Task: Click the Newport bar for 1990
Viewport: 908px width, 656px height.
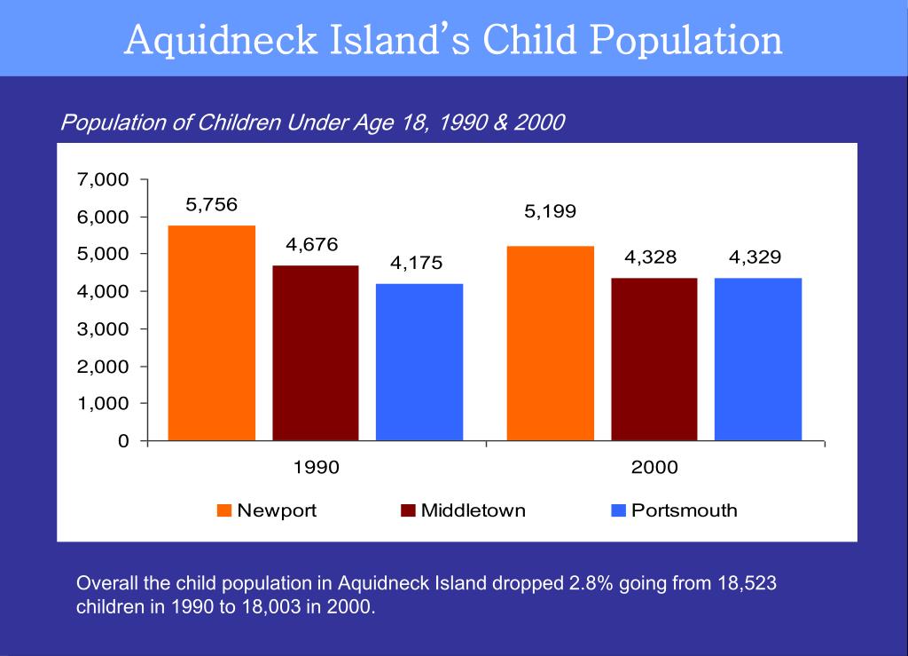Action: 211,333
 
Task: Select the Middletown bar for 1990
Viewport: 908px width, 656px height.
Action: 316,352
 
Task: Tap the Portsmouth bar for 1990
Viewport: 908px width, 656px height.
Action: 419,362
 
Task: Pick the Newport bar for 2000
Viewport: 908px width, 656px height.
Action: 550,343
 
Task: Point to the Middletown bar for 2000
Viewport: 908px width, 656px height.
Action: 654,359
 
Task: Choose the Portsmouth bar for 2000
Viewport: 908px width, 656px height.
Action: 758,359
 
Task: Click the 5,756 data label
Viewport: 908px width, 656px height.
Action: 211,204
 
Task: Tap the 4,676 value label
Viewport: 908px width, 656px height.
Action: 312,244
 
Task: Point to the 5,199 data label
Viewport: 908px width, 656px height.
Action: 550,211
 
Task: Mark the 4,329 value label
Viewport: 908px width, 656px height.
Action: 755,257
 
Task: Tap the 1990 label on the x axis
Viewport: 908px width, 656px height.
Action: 316,467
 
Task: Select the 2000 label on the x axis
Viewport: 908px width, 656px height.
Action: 654,467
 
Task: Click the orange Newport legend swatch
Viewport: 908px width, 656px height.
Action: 224,510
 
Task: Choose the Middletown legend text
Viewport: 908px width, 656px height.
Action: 473,510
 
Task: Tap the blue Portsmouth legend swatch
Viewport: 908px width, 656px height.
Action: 619,510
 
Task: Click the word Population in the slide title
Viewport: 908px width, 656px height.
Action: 687,40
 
